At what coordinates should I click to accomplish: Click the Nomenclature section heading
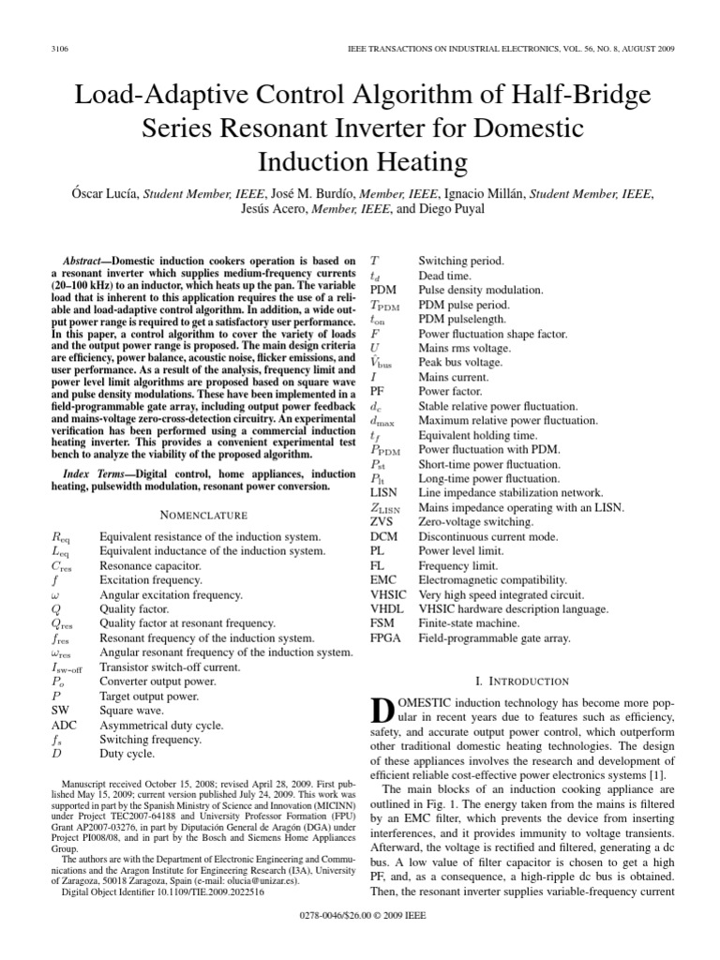[202, 515]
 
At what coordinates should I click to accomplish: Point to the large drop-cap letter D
[383, 713]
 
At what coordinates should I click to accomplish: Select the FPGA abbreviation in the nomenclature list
[386, 638]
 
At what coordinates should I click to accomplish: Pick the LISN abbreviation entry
[385, 492]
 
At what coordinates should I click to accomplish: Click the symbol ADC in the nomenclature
[63, 725]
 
